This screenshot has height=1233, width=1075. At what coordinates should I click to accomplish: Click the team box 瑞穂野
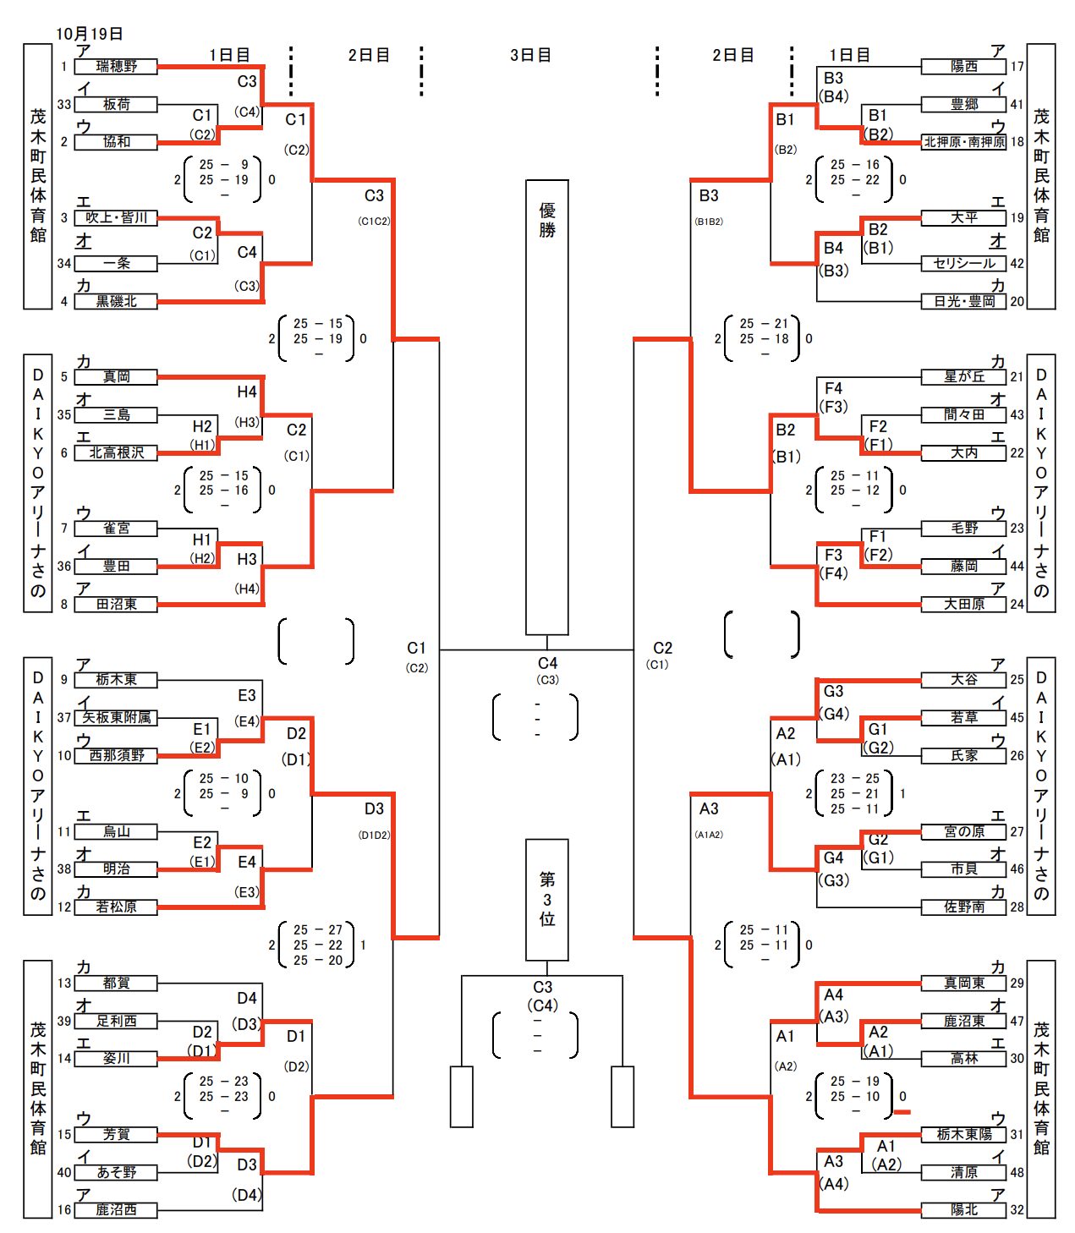coord(116,66)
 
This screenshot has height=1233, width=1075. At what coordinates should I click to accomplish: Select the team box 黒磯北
coord(116,301)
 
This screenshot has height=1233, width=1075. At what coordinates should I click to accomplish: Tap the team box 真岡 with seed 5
coord(116,377)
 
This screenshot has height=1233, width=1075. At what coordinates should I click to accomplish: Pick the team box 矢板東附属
coord(116,718)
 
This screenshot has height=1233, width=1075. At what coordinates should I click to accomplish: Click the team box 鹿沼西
coord(116,1210)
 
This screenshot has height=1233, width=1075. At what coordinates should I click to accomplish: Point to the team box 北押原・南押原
coord(964,142)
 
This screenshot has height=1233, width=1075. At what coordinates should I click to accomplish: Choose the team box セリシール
coord(964,264)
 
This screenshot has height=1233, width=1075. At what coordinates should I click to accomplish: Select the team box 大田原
coord(964,604)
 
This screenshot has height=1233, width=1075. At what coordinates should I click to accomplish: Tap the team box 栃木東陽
coord(964,1135)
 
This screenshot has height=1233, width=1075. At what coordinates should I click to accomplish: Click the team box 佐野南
coord(964,907)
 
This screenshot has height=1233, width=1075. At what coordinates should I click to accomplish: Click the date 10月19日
coord(90,34)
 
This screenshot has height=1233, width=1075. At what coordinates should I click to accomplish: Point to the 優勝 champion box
coord(546,407)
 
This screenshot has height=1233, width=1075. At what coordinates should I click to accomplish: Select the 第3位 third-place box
coord(546,900)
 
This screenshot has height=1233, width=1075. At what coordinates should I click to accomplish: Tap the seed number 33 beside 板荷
coord(64,104)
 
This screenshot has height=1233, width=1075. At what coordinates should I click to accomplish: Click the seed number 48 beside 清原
coord(1017,1173)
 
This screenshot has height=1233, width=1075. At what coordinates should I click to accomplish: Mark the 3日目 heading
coord(530,55)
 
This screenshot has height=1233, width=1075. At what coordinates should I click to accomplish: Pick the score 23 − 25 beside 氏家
coord(854,779)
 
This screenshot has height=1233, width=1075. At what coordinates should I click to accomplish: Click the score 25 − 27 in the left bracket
coord(318,930)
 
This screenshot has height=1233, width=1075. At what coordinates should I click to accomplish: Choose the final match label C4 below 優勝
coord(547,664)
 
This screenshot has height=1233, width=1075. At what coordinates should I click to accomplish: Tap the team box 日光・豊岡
coord(964,301)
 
